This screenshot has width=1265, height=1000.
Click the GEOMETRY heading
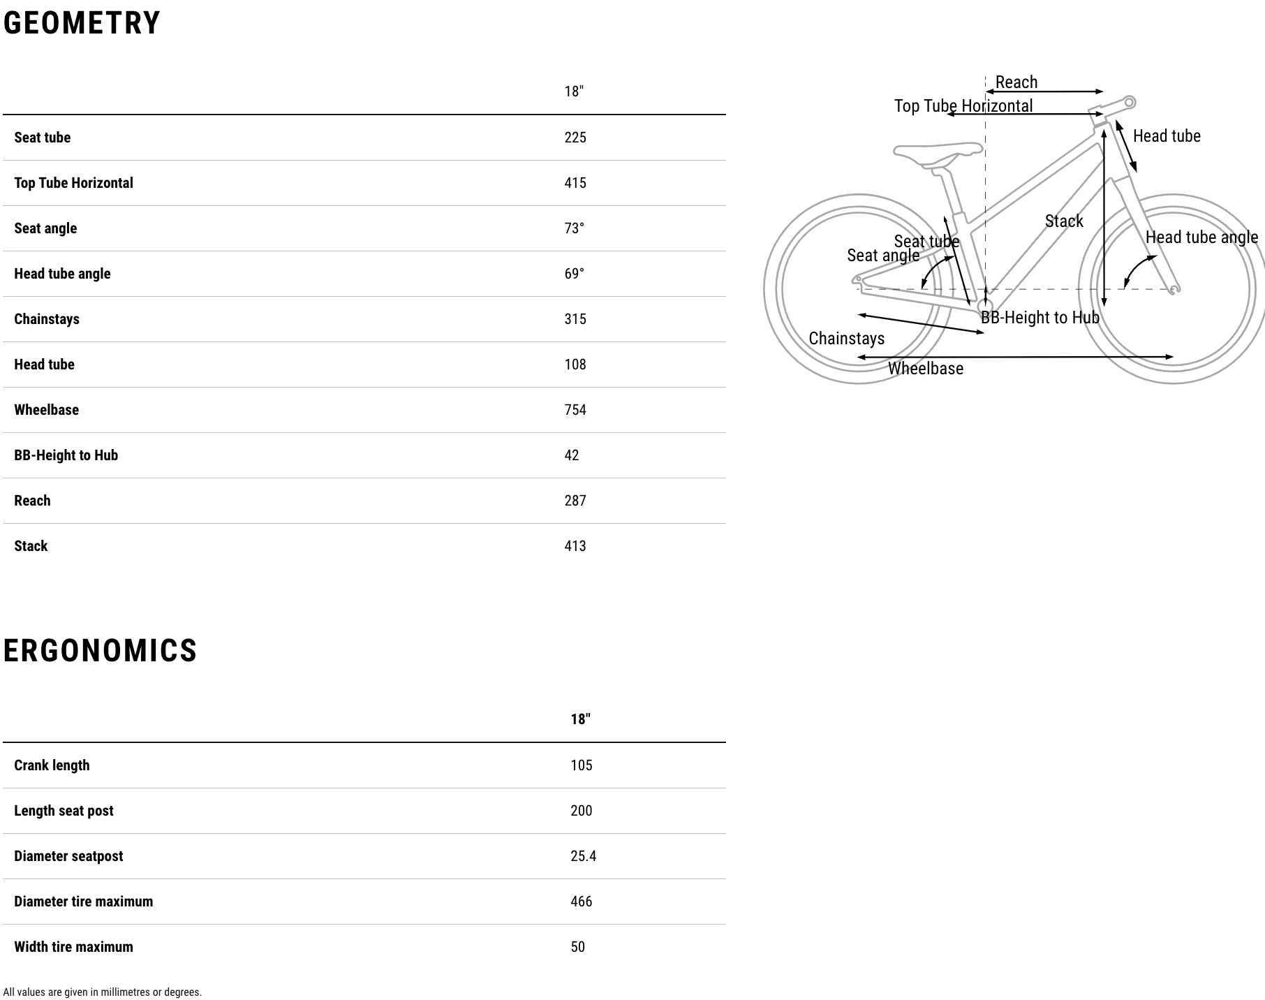[x=82, y=23]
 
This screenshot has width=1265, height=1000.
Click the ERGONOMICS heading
[x=100, y=651]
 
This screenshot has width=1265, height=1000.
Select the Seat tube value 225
[x=575, y=138]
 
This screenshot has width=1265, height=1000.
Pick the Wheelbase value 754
[x=575, y=410]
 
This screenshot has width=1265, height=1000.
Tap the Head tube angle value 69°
[x=574, y=274]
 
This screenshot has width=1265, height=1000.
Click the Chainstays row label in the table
[x=47, y=319]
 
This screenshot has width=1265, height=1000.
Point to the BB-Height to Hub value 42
[x=572, y=455]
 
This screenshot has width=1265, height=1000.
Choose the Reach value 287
[x=575, y=501]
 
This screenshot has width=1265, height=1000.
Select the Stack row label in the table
[x=31, y=546]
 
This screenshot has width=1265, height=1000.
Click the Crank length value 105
[x=581, y=765]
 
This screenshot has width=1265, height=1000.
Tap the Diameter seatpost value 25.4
[x=583, y=856]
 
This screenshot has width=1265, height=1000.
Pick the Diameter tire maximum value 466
[x=581, y=902]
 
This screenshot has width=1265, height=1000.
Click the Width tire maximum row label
[x=73, y=947]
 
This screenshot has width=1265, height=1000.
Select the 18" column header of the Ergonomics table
[x=580, y=719]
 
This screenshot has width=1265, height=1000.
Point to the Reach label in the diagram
[x=1016, y=82]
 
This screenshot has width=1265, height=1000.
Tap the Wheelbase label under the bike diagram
[x=925, y=369]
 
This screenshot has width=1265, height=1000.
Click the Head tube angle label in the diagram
[x=1201, y=237]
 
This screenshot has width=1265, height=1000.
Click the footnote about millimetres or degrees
[x=102, y=992]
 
